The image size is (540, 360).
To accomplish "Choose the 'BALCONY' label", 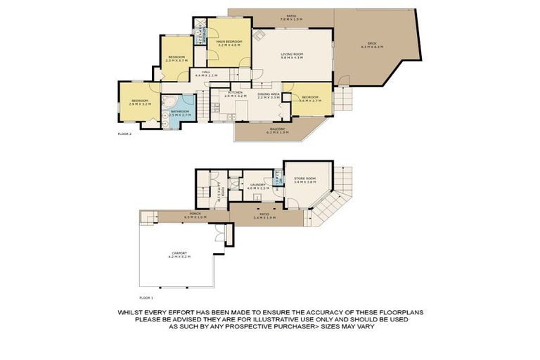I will click(277, 129).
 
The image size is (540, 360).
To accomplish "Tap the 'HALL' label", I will click(207, 72).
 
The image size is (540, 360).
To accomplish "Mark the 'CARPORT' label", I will click(179, 254).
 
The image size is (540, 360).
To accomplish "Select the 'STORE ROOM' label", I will click(304, 179).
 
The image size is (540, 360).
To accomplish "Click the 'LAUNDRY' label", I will click(258, 186).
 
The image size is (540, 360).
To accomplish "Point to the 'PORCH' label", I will click(195, 214).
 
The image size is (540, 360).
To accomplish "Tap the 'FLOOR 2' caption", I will click(124, 133).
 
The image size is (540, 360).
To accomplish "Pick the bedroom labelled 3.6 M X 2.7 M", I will click(310, 98).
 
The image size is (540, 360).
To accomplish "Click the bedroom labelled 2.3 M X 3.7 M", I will click(176, 58).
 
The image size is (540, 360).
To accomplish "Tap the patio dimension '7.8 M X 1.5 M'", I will click(290, 19).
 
